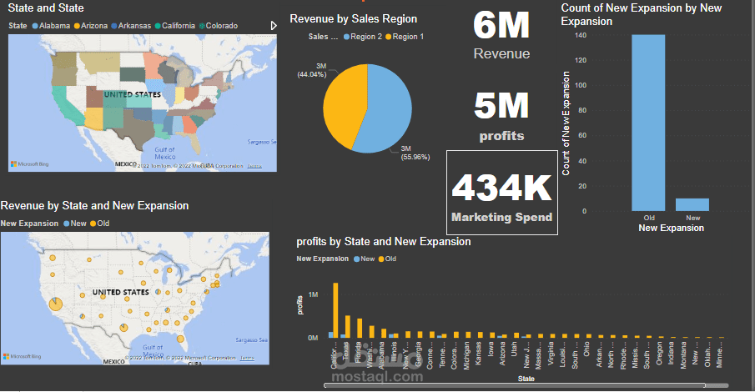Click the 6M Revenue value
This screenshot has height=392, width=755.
pos(501,26)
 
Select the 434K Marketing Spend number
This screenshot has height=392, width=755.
pos(501,188)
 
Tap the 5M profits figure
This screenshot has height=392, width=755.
pos(501,106)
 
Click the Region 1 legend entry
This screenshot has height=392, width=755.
pos(407,37)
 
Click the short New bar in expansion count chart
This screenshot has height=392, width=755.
pos(692,204)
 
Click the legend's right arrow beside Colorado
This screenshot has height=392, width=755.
pos(274,26)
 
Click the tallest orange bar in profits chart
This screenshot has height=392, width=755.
pos(335,309)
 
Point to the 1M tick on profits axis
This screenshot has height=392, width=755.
pos(313,294)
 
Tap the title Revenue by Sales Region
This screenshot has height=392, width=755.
pos(353,18)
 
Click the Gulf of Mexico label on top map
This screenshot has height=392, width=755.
pos(164,153)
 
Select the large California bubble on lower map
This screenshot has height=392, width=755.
pos(54,304)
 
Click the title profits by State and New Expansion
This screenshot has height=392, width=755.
pos(383,242)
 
